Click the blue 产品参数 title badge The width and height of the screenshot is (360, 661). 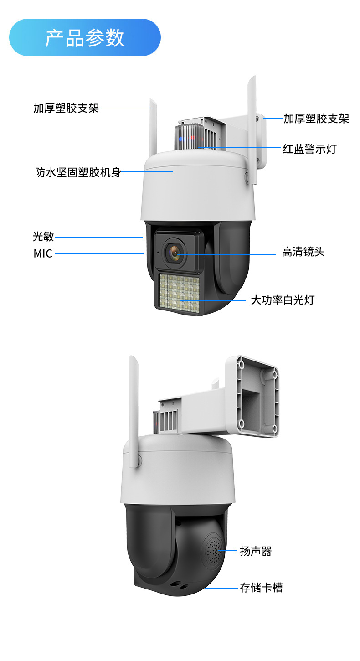point(85,37)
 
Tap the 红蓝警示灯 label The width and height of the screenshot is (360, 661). point(309,149)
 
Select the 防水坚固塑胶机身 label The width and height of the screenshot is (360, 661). point(78,172)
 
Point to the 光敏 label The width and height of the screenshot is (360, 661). point(43,237)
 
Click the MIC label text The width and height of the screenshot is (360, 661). point(43,253)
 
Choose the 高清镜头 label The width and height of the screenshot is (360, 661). point(303,252)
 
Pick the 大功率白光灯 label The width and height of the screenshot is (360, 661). point(283,300)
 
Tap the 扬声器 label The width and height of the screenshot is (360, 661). point(256,551)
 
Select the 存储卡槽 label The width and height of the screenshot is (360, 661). point(261,588)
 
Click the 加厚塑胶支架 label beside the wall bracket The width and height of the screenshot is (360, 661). point(316,119)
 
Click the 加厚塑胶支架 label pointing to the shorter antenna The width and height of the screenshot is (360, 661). point(66,108)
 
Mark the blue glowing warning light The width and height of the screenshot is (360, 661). point(181,138)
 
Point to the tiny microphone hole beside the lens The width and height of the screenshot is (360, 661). point(158,252)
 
